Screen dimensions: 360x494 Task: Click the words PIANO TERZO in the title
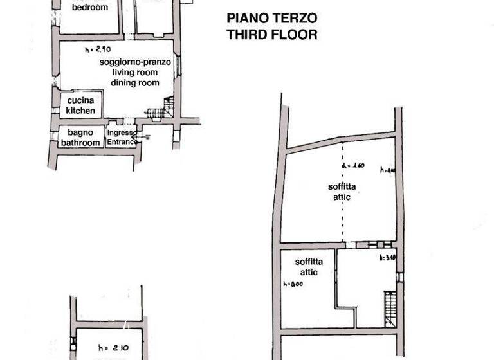(x=271, y=18)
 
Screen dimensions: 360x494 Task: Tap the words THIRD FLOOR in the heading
(x=271, y=35)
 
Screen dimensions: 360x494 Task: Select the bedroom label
(x=89, y=8)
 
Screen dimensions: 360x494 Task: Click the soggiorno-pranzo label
(x=134, y=62)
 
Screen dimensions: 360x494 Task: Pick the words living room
(x=134, y=73)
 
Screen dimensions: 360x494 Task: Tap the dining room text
(x=134, y=83)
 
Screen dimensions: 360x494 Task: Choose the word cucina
(x=81, y=101)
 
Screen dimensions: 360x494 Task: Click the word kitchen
(x=81, y=111)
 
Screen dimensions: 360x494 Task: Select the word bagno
(x=81, y=132)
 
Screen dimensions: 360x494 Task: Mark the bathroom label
(x=81, y=143)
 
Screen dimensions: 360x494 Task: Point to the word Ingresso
(x=122, y=133)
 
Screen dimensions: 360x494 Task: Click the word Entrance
(x=122, y=142)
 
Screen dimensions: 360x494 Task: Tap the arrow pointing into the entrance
(x=144, y=136)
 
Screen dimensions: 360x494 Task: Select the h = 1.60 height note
(x=354, y=166)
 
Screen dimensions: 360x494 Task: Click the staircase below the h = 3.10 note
(x=389, y=309)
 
